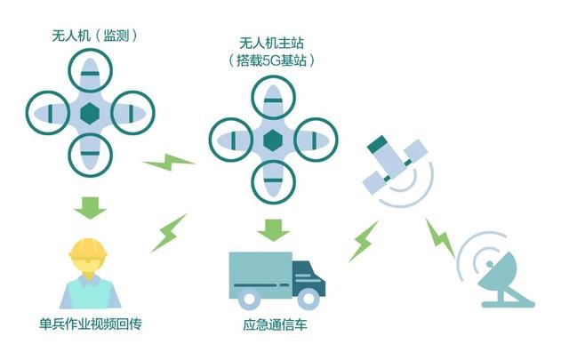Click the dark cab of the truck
(308, 277)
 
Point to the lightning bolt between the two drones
(169, 163)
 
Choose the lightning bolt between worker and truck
(169, 232)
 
